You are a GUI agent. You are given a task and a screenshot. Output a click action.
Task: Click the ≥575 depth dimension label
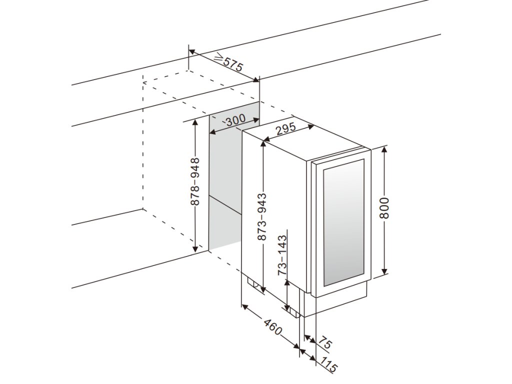(x=228, y=64)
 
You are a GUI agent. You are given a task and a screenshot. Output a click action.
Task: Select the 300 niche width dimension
(x=235, y=120)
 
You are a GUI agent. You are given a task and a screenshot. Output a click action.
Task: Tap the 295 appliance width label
(x=286, y=128)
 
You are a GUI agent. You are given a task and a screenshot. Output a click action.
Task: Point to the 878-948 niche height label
(x=195, y=182)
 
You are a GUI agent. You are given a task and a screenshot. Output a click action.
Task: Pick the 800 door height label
(x=384, y=208)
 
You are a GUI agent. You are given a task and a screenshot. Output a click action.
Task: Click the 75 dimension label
(x=325, y=343)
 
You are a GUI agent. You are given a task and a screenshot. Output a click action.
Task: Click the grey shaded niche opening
(x=225, y=190)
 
